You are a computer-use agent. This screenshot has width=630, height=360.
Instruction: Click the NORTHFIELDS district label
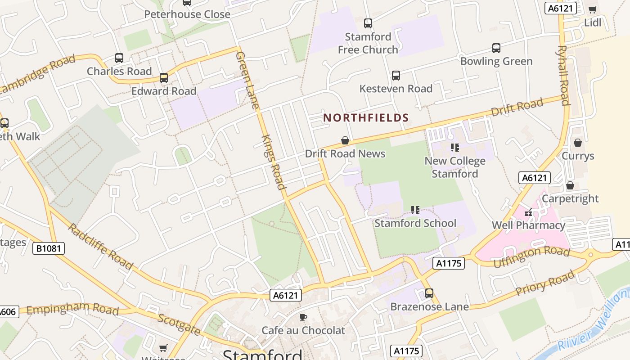point(366,118)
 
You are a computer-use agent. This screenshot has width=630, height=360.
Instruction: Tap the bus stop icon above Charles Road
point(119,58)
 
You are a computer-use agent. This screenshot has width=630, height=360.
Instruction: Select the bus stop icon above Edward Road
point(164,78)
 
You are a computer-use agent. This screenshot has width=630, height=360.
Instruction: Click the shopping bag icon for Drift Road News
point(345,140)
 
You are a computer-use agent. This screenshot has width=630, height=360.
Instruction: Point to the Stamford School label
point(415,223)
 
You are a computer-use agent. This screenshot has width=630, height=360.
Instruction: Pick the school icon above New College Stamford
point(455,148)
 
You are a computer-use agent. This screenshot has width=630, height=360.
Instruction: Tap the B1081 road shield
point(49,248)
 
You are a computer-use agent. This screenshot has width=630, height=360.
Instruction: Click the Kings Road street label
point(273,162)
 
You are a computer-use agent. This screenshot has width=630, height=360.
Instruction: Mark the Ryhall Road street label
point(564,75)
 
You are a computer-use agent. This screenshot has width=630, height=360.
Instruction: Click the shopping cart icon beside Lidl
point(593,9)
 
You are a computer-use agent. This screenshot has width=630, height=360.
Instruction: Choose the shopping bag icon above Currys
point(578,143)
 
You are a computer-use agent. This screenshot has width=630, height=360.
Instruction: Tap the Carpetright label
point(570,198)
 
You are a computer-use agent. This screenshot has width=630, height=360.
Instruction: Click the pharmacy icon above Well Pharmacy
point(528,212)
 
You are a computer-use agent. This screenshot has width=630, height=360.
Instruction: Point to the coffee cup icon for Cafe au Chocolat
point(303,317)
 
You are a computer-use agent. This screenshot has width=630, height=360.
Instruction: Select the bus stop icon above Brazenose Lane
point(429,293)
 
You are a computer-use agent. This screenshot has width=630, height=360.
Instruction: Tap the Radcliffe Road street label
point(100,246)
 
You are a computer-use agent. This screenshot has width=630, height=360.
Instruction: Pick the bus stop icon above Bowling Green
point(496,48)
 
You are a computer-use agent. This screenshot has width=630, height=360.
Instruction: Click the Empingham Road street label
point(72,310)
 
